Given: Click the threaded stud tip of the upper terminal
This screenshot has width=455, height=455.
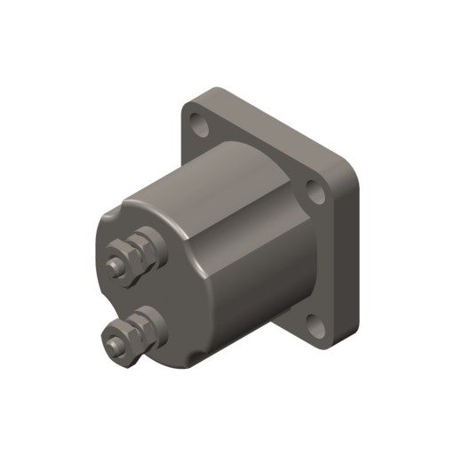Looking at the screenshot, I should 112,265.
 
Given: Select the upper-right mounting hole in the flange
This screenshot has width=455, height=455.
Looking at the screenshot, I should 313,190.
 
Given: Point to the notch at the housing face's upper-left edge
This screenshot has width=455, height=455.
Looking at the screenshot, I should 108,216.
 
